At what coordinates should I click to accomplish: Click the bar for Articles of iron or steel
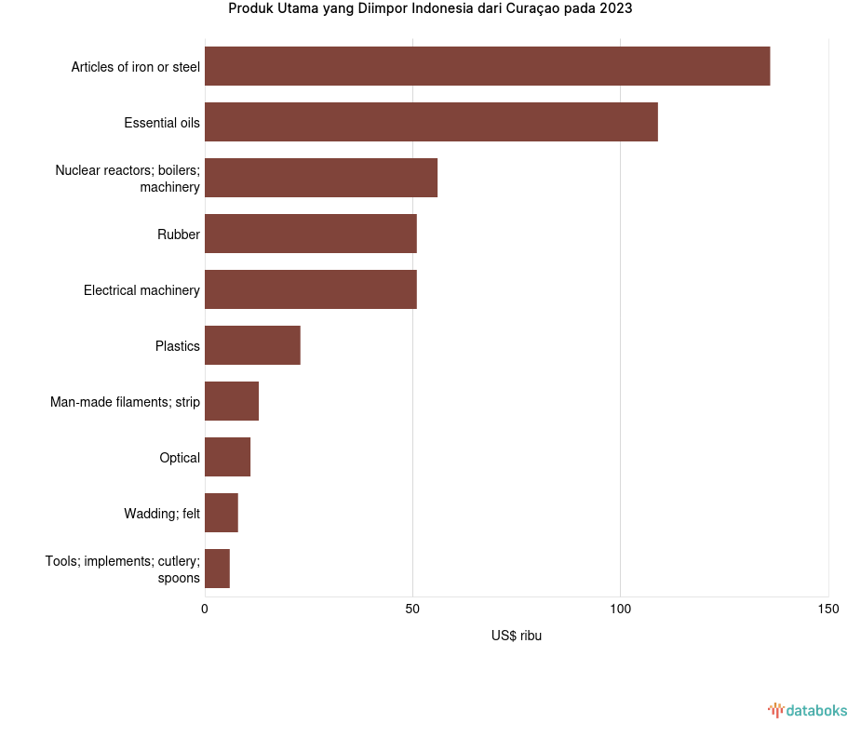(x=487, y=66)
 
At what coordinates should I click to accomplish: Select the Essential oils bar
(x=431, y=122)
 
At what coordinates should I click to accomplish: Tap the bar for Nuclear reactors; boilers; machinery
(x=321, y=178)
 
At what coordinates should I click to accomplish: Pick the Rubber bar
(x=311, y=234)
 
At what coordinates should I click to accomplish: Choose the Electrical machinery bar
(x=311, y=289)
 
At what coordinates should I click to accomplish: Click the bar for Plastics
(x=252, y=345)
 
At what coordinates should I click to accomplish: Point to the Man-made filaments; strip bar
(x=232, y=401)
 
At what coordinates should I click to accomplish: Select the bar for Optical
(x=227, y=457)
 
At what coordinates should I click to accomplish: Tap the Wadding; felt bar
(x=222, y=513)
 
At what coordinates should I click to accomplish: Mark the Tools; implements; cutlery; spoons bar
(x=217, y=569)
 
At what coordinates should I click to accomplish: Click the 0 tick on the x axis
(x=205, y=610)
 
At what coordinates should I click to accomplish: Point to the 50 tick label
(x=412, y=610)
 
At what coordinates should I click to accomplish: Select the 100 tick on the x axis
(x=621, y=610)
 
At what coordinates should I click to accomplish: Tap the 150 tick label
(x=828, y=610)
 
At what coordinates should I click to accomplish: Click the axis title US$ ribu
(x=517, y=636)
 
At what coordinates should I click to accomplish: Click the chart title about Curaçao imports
(x=430, y=9)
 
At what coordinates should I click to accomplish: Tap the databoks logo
(x=808, y=711)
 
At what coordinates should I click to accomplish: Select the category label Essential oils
(x=162, y=123)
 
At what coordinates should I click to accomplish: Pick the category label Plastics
(x=178, y=346)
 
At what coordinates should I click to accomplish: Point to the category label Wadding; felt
(x=162, y=514)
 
